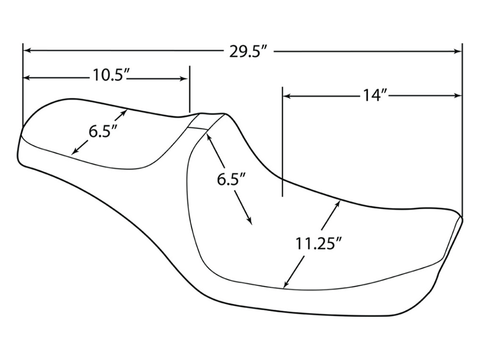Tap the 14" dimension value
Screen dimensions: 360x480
(x=375, y=95)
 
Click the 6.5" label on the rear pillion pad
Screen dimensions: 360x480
(x=103, y=130)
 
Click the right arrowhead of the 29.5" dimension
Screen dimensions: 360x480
(x=458, y=51)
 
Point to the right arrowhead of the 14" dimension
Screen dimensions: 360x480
(x=458, y=96)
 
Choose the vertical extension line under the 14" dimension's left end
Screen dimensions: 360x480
(x=283, y=144)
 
